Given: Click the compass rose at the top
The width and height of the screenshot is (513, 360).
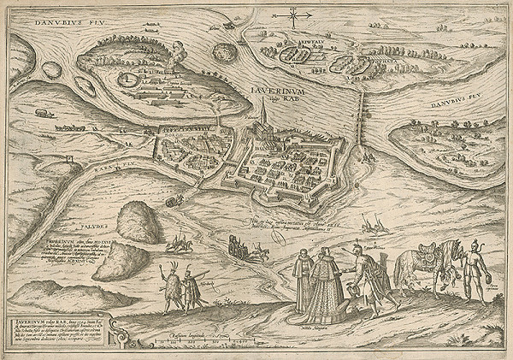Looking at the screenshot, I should (x=293, y=15).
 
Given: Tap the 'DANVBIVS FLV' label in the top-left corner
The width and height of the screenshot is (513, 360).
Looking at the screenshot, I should (x=42, y=18).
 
